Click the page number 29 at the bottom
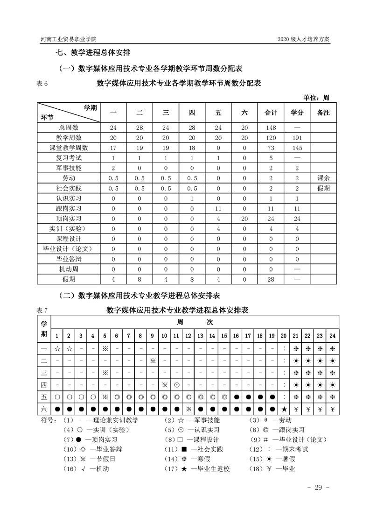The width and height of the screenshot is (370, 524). (x=319, y=488)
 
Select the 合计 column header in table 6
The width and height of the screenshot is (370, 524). (x=271, y=113)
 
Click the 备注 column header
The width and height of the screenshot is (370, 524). (x=323, y=113)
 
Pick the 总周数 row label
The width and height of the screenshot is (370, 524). (x=69, y=127)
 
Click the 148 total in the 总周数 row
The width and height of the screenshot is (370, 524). (x=271, y=127)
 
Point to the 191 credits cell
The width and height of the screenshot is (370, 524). (x=297, y=138)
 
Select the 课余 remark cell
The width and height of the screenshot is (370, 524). (x=323, y=178)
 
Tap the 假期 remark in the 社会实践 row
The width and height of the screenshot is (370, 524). (x=323, y=188)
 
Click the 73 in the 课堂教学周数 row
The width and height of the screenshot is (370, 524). (x=271, y=148)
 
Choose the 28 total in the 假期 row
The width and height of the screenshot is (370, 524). (x=271, y=279)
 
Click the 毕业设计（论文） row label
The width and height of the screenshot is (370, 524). (x=69, y=248)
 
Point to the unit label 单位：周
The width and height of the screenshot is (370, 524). (x=316, y=98)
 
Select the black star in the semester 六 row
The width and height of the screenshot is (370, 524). (x=284, y=410)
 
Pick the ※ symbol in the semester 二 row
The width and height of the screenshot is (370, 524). (x=153, y=361)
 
